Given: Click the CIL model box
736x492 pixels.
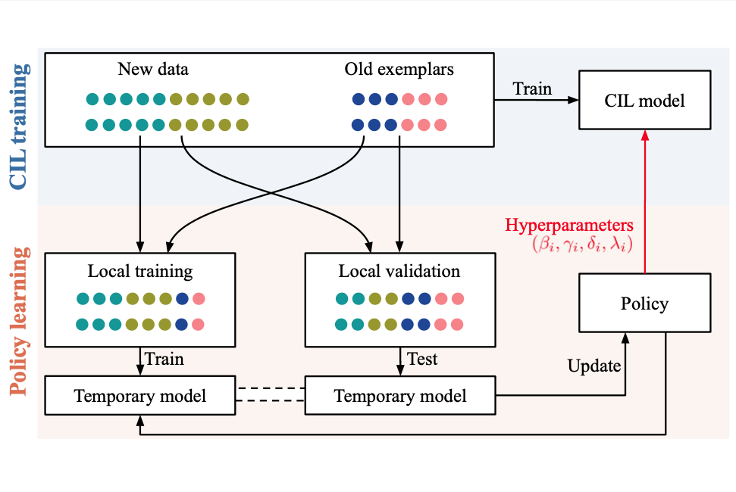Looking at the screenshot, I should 644,100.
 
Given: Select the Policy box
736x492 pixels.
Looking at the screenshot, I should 644,304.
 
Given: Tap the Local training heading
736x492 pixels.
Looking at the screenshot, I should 140,271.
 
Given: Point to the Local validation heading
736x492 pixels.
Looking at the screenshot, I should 399,271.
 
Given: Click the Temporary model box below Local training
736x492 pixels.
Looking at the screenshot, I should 140,396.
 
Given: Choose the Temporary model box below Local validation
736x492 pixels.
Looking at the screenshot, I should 399,396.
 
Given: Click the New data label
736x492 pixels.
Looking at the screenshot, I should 153,70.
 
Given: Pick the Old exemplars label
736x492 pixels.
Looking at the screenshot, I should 399,70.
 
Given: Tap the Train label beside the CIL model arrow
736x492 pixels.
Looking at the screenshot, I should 532,89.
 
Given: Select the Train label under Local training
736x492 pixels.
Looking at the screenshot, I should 164,358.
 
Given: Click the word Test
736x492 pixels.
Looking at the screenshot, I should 422,358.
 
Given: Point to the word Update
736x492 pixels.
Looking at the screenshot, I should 594,366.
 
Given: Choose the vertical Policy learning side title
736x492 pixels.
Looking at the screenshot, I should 20,322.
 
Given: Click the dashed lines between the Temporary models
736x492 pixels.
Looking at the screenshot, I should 271,395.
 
